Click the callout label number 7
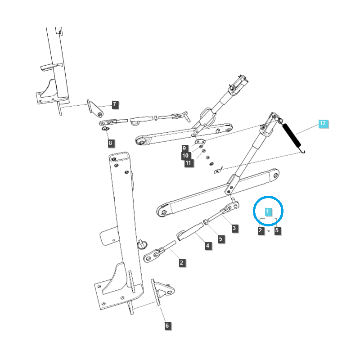pyautogui.click(x=114, y=104)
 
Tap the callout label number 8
pyautogui.click(x=111, y=144)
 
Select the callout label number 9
pyautogui.click(x=184, y=148)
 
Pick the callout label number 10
pyautogui.click(x=185, y=156)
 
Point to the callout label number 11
pyautogui.click(x=188, y=163)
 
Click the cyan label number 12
pyautogui.click(x=323, y=123)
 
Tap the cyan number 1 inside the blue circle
pyautogui.click(x=268, y=211)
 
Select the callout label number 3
pyautogui.click(x=234, y=228)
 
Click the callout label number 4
pyautogui.click(x=208, y=246)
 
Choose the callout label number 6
pyautogui.click(x=167, y=326)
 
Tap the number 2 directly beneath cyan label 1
pyautogui.click(x=260, y=230)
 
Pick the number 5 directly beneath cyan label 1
pyautogui.click(x=277, y=230)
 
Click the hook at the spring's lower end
pyautogui.click(x=303, y=150)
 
